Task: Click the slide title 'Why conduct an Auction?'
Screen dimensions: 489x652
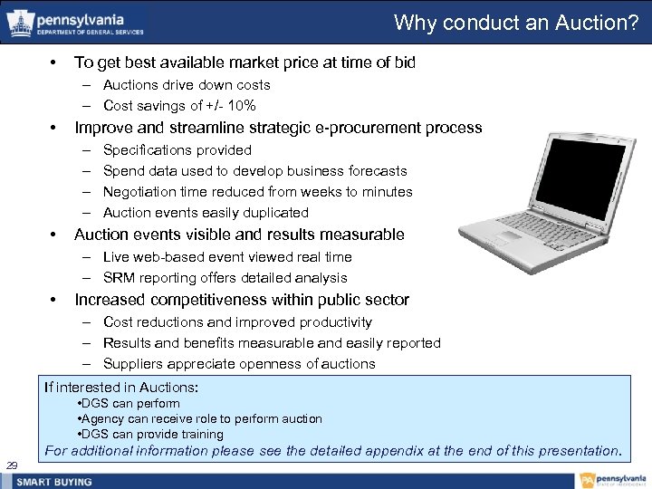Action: tap(516, 23)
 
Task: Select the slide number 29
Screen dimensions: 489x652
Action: tap(13, 465)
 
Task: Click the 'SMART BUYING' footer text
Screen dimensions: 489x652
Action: tap(54, 481)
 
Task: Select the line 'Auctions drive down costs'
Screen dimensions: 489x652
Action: tap(187, 85)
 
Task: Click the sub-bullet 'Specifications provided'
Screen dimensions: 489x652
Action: tap(177, 150)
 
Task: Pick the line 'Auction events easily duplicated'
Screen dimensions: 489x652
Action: tap(206, 213)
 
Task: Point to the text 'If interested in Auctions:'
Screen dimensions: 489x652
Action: tap(121, 388)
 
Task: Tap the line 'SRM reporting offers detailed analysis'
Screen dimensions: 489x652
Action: tap(225, 278)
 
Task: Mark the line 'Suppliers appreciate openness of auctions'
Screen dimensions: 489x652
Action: tap(239, 364)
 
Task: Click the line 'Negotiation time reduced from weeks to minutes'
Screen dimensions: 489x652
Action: tap(257, 192)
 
